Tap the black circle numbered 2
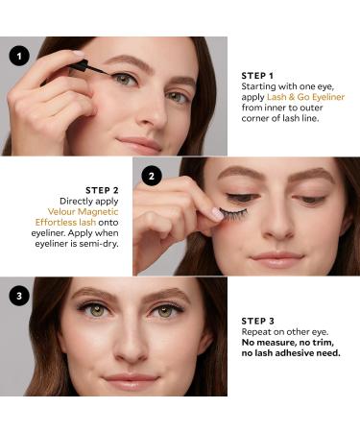coord(151,176)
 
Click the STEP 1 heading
coord(258,74)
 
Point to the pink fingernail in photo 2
coord(218,212)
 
